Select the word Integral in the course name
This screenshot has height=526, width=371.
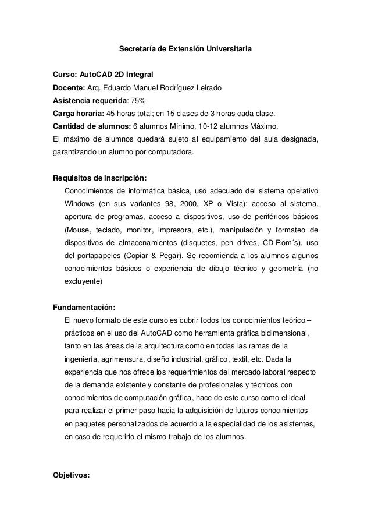[x=140, y=75]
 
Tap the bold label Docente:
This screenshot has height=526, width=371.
[x=69, y=88]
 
